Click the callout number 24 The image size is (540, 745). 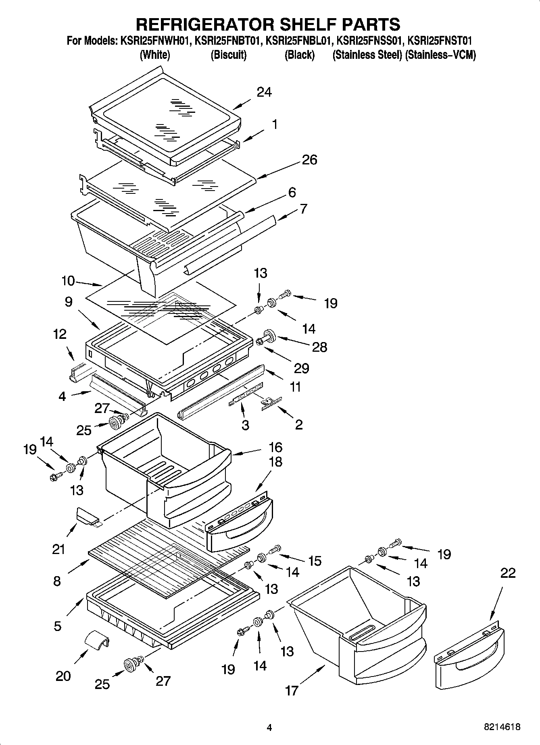pos(264,93)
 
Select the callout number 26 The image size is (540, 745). pos(309,160)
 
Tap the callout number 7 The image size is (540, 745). pos(303,209)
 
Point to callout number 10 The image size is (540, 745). pos(68,280)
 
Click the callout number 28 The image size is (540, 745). pos(319,347)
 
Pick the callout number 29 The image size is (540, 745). pos(301,368)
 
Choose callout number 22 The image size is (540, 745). pos(507,573)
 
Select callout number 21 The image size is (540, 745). pos(58,549)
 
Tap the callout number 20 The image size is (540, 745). pos(63,676)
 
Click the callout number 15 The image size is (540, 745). pos(315,560)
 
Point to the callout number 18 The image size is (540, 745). pos(275,462)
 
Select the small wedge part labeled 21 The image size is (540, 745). pos(88,517)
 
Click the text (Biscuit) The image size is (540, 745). pos(228,55)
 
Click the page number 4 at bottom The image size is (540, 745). pos(269,728)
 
